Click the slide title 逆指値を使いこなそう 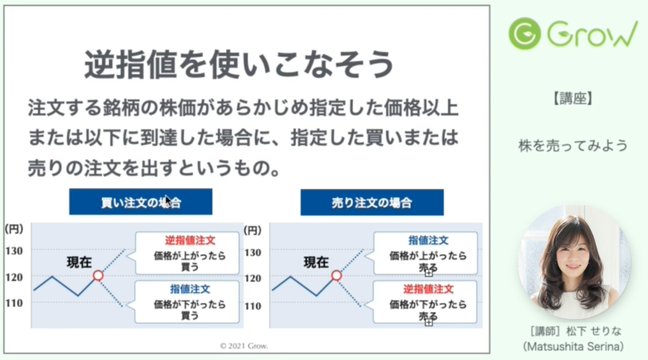(x=239, y=64)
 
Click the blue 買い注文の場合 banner (x=141, y=202)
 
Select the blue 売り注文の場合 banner (x=372, y=202)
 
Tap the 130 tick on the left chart (x=14, y=251)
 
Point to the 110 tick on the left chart (x=14, y=303)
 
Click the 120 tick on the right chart (x=253, y=278)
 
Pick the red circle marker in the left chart (x=98, y=275)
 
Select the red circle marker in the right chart (x=336, y=275)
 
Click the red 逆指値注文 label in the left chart (x=190, y=241)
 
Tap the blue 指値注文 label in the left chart (x=190, y=289)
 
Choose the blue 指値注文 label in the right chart (x=428, y=241)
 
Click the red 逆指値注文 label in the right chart (x=428, y=289)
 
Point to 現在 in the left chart (x=80, y=262)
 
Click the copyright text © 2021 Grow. (x=244, y=346)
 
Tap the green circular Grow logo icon (x=525, y=34)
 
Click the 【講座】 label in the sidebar (x=573, y=98)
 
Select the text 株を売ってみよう (x=573, y=146)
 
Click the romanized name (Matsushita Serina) (x=573, y=347)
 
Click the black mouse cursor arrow (x=168, y=200)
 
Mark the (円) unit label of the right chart (x=252, y=231)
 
